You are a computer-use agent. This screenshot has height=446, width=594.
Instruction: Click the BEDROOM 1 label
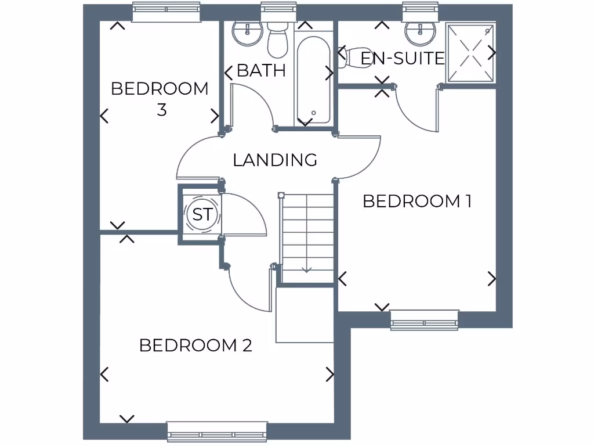416,202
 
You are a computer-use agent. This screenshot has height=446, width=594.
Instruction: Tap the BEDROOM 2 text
195,346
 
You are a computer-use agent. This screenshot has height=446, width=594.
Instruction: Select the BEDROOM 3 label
160,99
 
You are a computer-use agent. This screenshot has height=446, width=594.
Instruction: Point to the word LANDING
275,160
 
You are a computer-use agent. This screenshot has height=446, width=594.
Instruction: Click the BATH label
262,71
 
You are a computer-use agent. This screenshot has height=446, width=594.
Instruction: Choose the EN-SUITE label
403,58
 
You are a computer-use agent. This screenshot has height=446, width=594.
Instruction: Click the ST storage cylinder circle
202,215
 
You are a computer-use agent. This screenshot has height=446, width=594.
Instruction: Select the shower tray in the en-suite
471,53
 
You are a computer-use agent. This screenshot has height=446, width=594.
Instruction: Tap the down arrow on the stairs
307,269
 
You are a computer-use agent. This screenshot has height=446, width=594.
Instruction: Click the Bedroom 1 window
424,320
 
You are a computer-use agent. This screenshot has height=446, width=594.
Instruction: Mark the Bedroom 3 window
166,12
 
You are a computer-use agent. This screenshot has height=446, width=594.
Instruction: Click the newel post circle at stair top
281,196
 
